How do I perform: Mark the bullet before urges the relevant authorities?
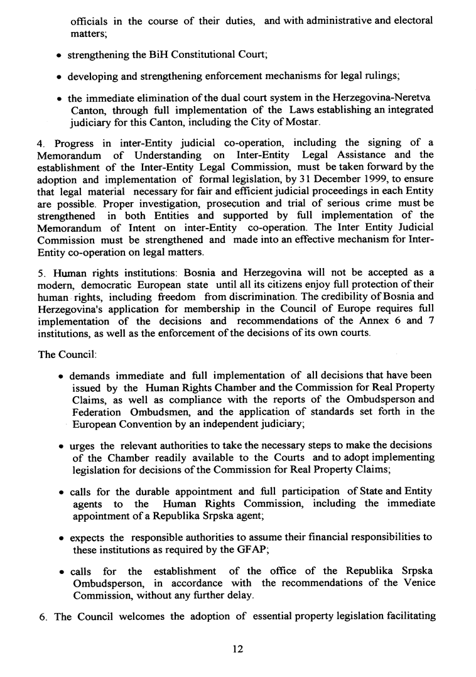59,447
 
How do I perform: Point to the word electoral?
411,21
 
